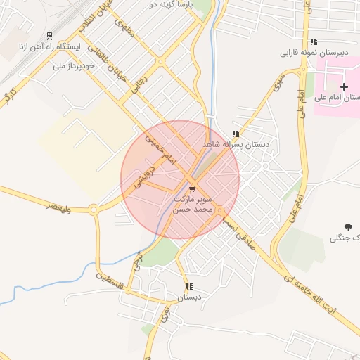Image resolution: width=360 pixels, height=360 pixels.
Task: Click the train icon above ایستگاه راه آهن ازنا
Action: click(x=49, y=36)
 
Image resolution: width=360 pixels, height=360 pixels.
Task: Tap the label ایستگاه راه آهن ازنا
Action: click(x=49, y=47)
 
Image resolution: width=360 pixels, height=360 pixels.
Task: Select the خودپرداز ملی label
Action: click(x=72, y=65)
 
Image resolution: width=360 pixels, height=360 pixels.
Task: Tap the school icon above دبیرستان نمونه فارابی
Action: click(x=314, y=41)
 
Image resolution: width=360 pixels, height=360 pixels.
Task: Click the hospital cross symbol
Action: click(x=344, y=86)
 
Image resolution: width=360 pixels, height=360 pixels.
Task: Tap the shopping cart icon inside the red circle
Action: click(x=193, y=189)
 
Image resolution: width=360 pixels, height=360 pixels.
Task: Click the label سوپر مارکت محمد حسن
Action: click(x=193, y=204)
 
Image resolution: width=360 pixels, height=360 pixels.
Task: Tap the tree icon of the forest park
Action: click(x=347, y=227)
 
